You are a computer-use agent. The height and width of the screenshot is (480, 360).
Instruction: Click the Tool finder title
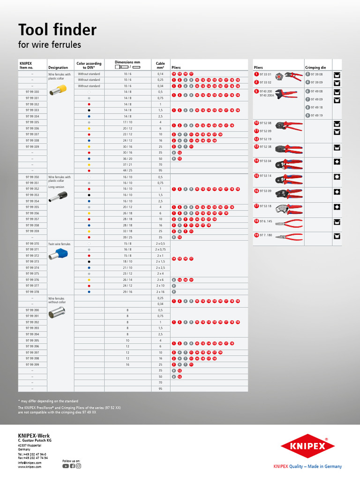pyautogui.click(x=57, y=30)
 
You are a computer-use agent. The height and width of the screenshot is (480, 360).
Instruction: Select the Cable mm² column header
pyautogui.click(x=160, y=65)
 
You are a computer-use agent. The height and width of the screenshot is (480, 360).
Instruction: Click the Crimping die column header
pyautogui.click(x=315, y=67)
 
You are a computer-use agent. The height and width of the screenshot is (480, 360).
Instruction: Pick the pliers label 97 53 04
pyautogui.click(x=265, y=161)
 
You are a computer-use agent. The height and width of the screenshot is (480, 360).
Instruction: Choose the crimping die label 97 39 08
pyautogui.click(x=315, y=74)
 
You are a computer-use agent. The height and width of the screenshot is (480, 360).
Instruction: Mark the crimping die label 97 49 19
pyautogui.click(x=315, y=115)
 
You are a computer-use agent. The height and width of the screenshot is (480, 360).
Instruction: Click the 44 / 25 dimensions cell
pyautogui.click(x=127, y=171)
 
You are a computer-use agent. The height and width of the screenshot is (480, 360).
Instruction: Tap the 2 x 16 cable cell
pyautogui.click(x=160, y=292)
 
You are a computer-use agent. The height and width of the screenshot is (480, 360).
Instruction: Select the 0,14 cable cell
pyautogui.click(x=160, y=74)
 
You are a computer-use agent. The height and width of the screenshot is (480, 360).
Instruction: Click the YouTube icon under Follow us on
pyautogui.click(x=66, y=466)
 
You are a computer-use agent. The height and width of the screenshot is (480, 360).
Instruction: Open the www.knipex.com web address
pyautogui.click(x=30, y=467)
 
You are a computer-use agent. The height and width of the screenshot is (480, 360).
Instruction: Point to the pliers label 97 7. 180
pyautogui.click(x=265, y=235)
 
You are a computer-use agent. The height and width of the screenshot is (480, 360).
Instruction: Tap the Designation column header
pyautogui.click(x=58, y=67)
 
